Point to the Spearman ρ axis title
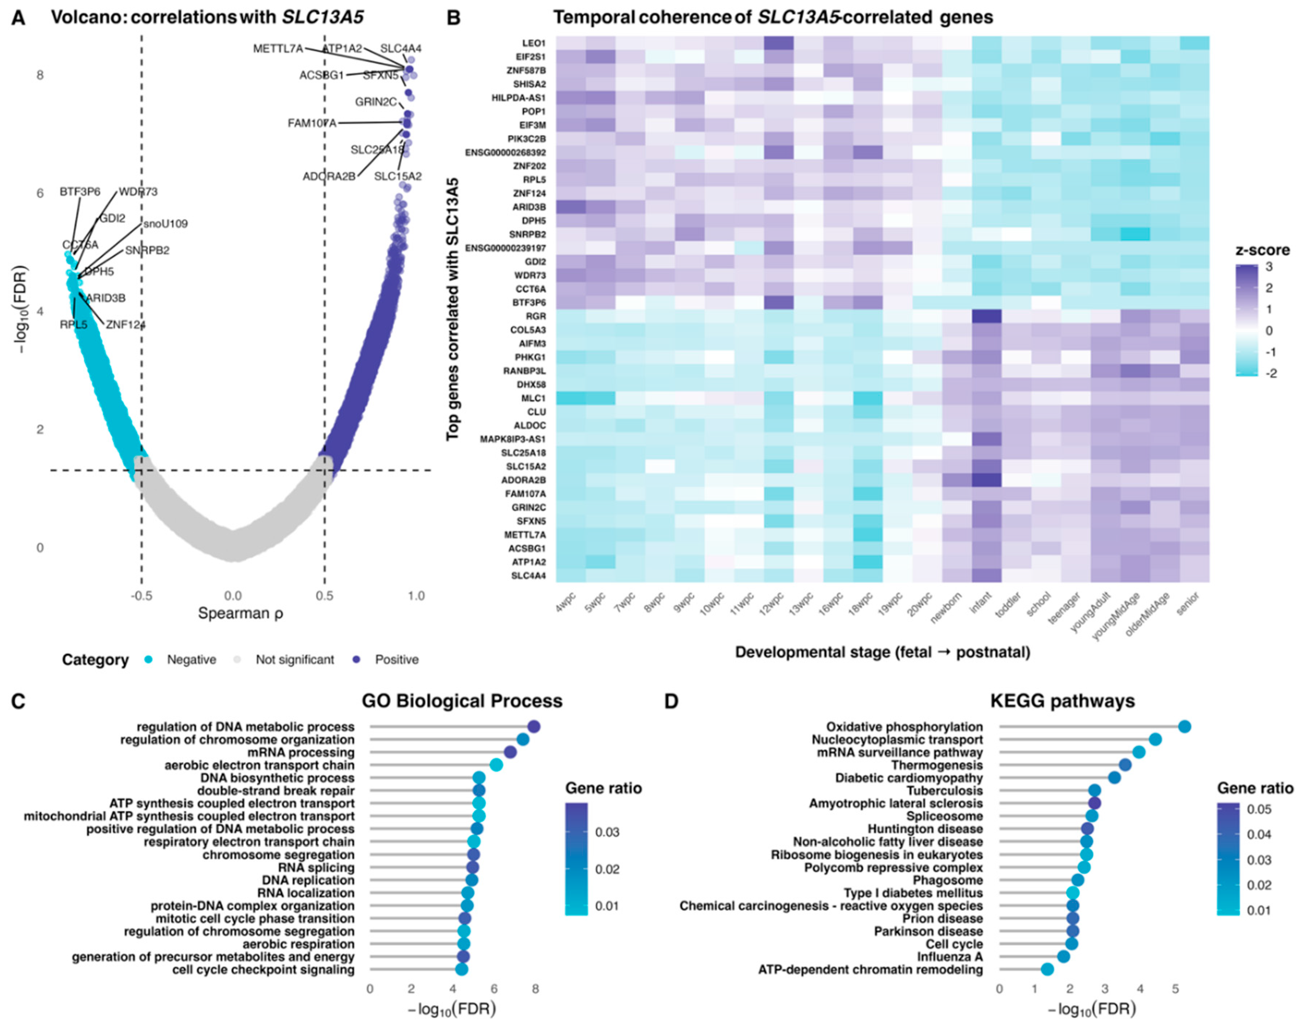[x=240, y=613]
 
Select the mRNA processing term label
[x=301, y=752]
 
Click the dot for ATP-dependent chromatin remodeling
[x=1047, y=969]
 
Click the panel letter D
[x=671, y=702]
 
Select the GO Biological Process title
[x=462, y=701]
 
